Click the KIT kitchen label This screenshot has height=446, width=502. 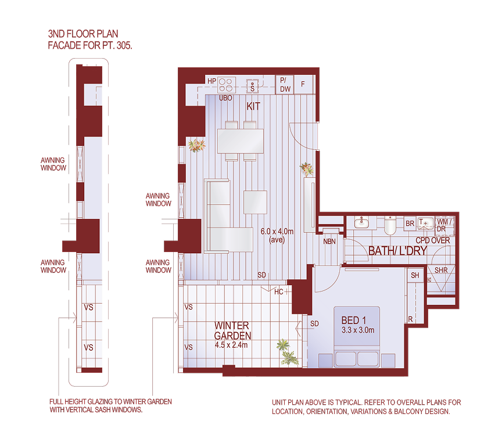coord(253,106)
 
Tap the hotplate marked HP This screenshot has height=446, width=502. coord(226,85)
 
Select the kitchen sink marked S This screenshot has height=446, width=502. coord(253,86)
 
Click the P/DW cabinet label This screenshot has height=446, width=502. coord(285,85)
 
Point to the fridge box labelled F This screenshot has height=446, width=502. coord(303,84)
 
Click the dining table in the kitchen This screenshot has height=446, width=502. coord(240,141)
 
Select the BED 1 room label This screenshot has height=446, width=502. coord(354,320)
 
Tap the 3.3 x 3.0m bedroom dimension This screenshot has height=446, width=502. coord(357,330)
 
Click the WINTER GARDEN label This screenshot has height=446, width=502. coord(232,330)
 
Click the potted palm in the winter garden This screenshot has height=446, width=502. coord(285,351)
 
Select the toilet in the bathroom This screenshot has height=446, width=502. coord(390,224)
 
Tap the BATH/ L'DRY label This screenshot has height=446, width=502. coord(398,251)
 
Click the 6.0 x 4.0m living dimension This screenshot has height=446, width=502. coord(282,231)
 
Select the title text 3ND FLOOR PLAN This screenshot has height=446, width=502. coord(83,35)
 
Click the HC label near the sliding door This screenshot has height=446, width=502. coord(279,292)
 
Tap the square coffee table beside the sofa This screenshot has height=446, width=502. coord(256,202)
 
